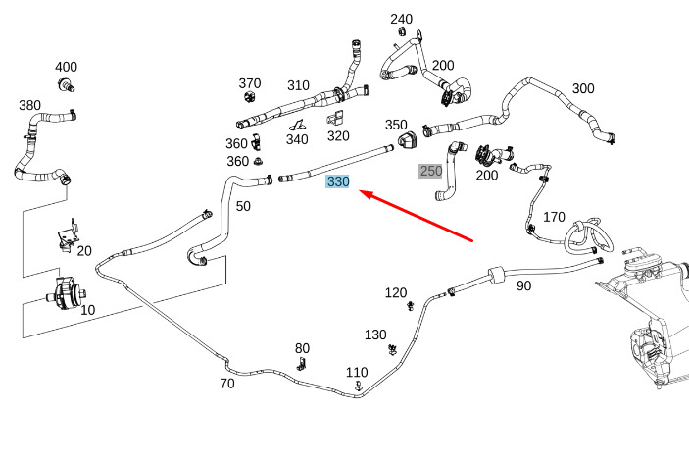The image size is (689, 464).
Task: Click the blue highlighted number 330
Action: pos(338,181)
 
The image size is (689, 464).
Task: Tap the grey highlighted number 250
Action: pos(431,171)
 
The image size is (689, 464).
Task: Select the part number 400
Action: pos(66,67)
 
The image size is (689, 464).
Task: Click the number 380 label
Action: pos(29,105)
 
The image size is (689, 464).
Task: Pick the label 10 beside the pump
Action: pos(87,310)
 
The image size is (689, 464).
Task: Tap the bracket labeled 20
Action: pos(67,238)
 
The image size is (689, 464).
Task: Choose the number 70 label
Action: pos(227,384)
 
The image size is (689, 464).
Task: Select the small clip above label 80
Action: pos(302,364)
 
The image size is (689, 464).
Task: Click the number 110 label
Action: pos(357,372)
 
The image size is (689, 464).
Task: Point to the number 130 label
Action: pos(375,335)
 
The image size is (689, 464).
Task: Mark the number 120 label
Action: pos(395,292)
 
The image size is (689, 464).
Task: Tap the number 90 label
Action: pos(524,285)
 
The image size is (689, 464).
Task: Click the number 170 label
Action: pos(554,216)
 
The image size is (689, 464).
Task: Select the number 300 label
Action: pos(583,88)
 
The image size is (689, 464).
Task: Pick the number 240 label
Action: pos(402,19)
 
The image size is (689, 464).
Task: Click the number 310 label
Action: pos(298,84)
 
